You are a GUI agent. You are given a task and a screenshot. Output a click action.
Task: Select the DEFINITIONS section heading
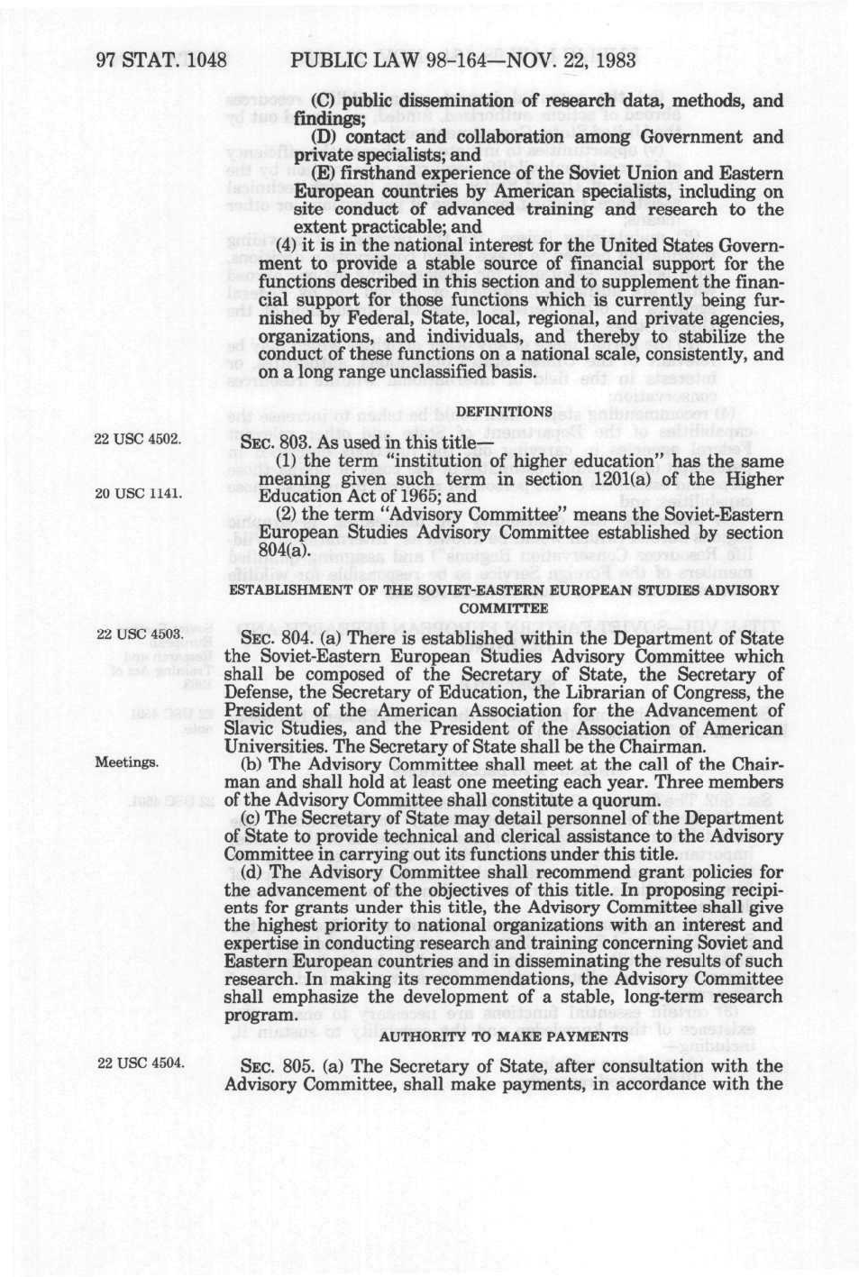click(504, 412)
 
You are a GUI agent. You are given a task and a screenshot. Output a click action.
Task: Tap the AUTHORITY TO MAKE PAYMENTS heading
click(504, 1035)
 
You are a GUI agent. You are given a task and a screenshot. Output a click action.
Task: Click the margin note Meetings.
click(128, 762)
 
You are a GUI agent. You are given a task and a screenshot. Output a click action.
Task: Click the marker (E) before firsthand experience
click(324, 173)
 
